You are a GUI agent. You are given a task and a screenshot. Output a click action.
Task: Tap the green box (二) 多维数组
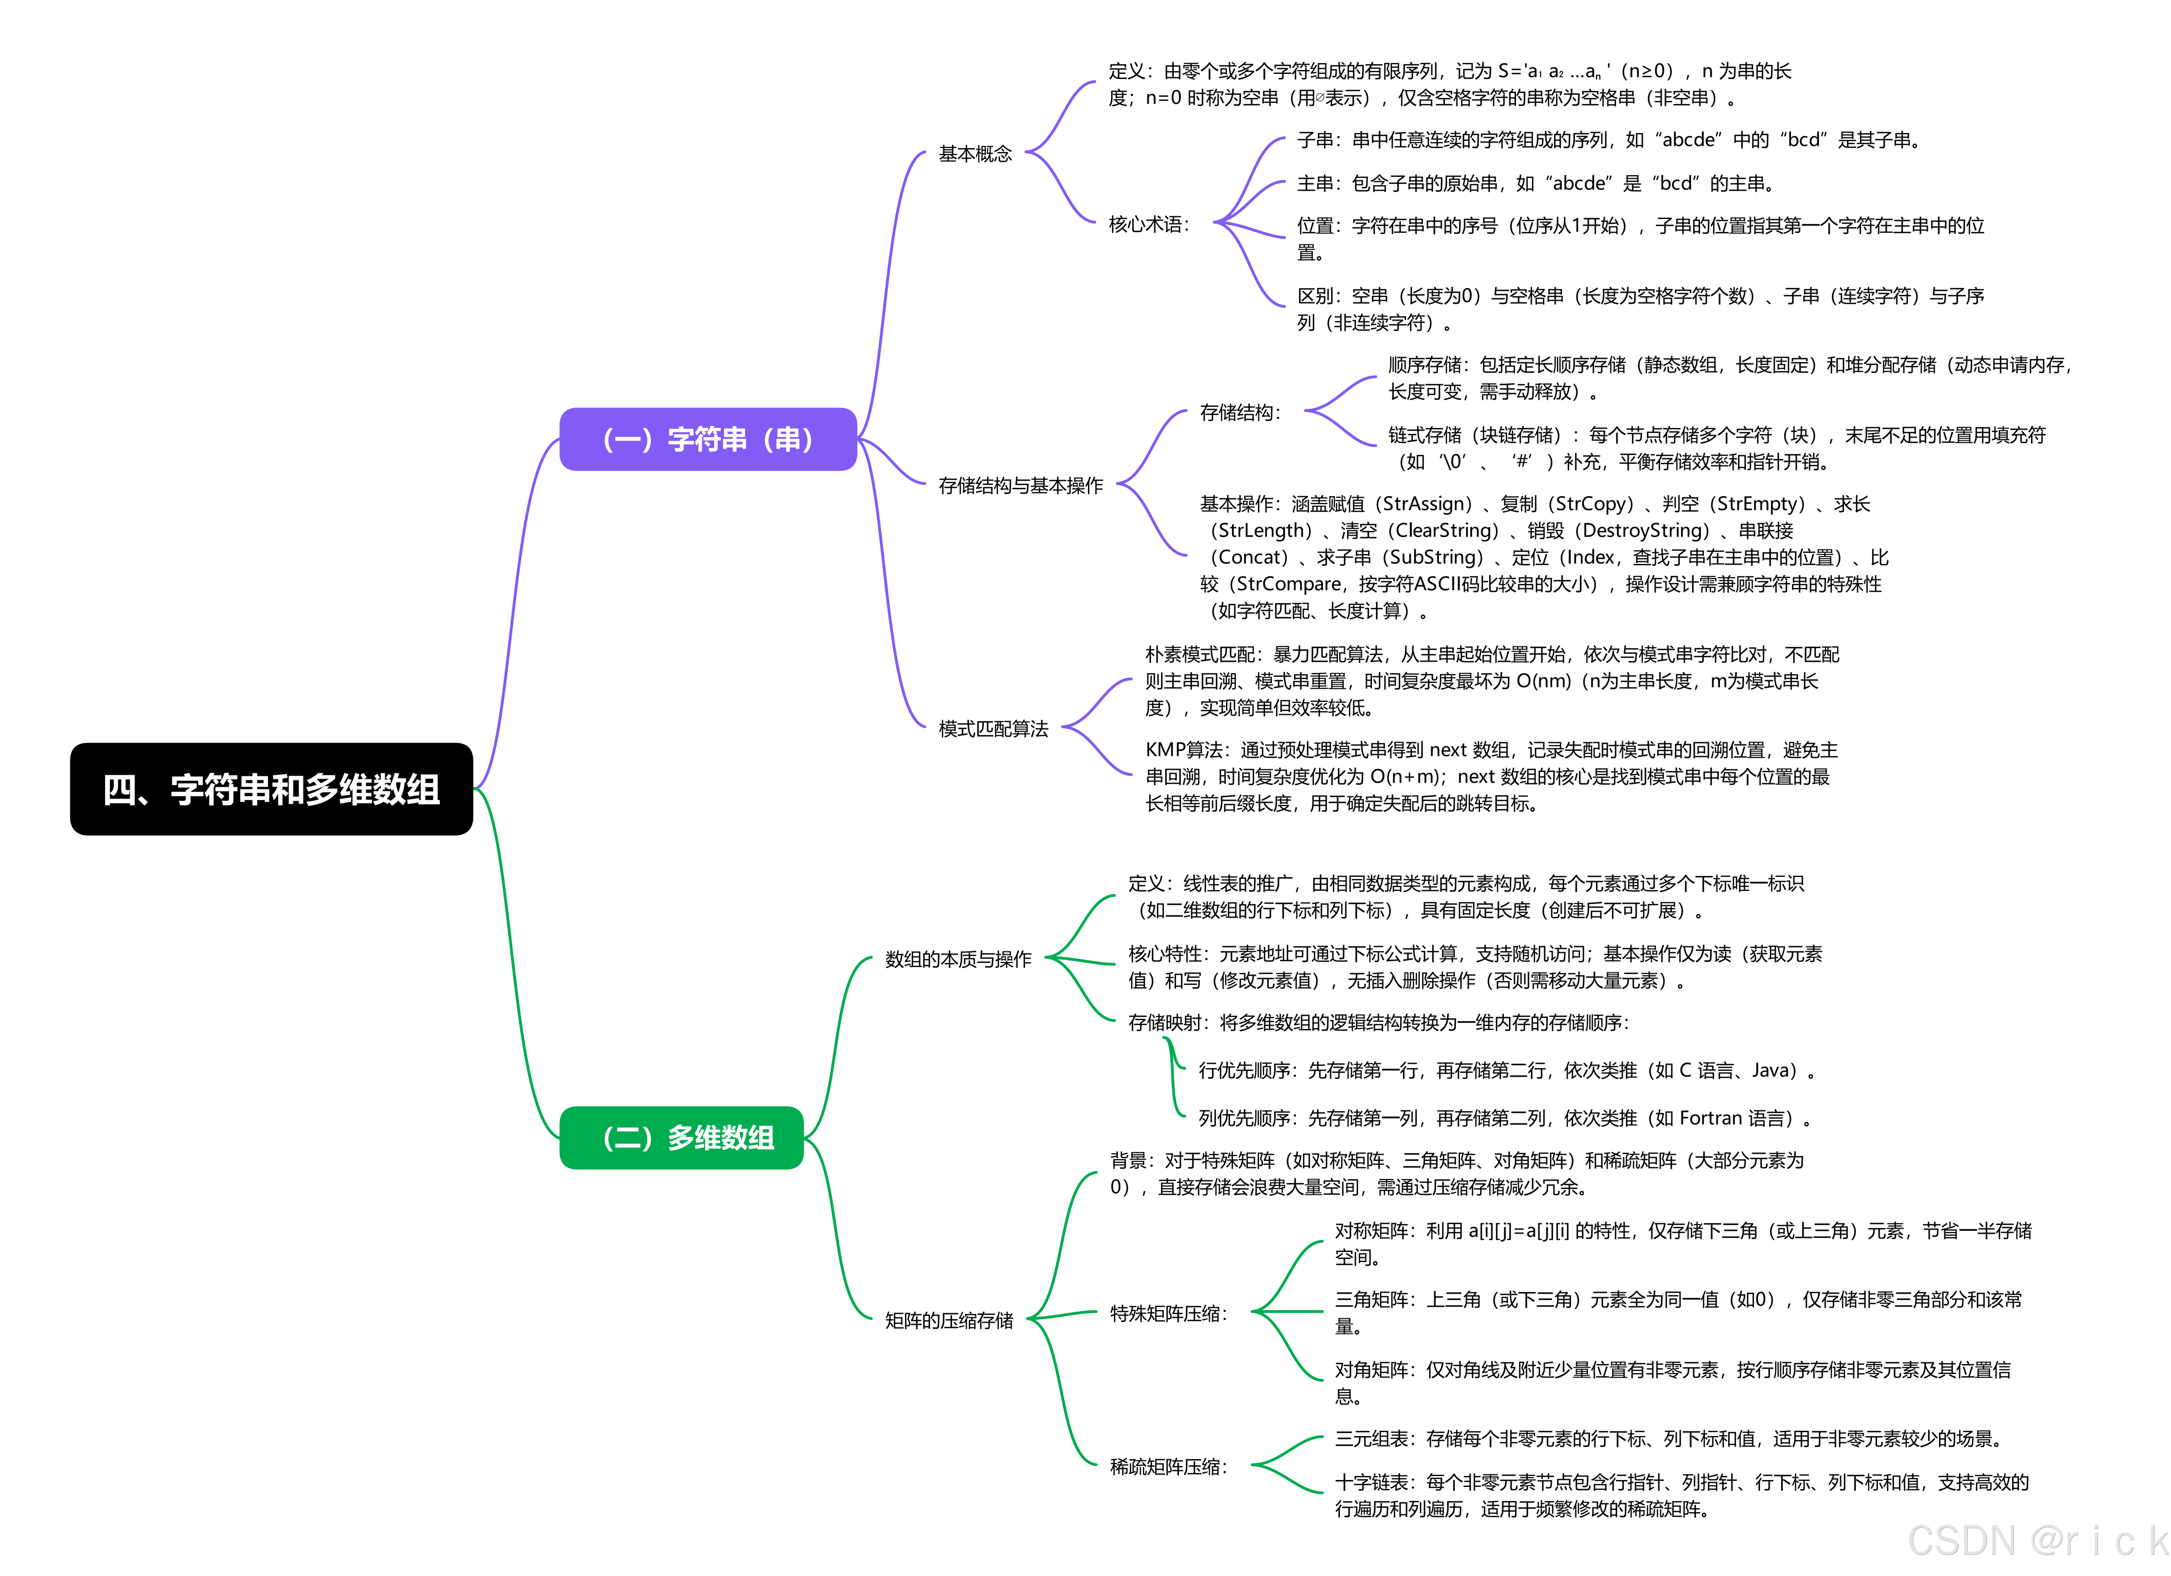(681, 1138)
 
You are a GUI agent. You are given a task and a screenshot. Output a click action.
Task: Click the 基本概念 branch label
(975, 153)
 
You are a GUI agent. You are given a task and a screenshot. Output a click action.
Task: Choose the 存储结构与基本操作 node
(1021, 485)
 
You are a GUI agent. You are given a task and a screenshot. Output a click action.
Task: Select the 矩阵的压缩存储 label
(948, 1321)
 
